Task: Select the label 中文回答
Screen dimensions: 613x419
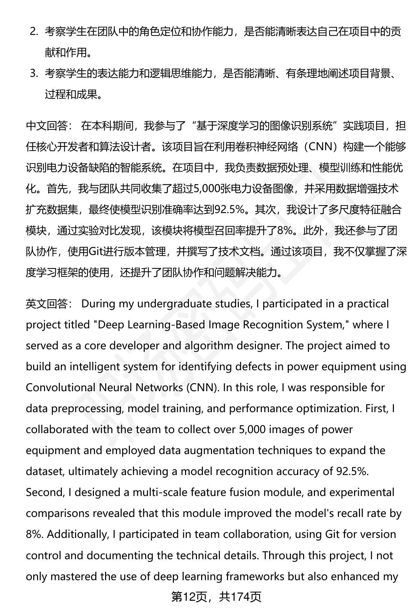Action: (47, 126)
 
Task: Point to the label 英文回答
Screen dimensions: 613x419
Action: (47, 304)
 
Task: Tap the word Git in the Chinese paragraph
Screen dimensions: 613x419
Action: (95, 252)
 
